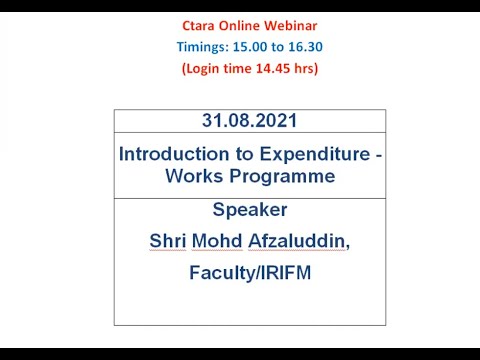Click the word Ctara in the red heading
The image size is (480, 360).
tap(196, 23)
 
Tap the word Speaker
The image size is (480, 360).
tap(249, 210)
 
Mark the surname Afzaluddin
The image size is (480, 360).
tap(299, 241)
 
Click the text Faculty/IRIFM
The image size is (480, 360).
tap(249, 272)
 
